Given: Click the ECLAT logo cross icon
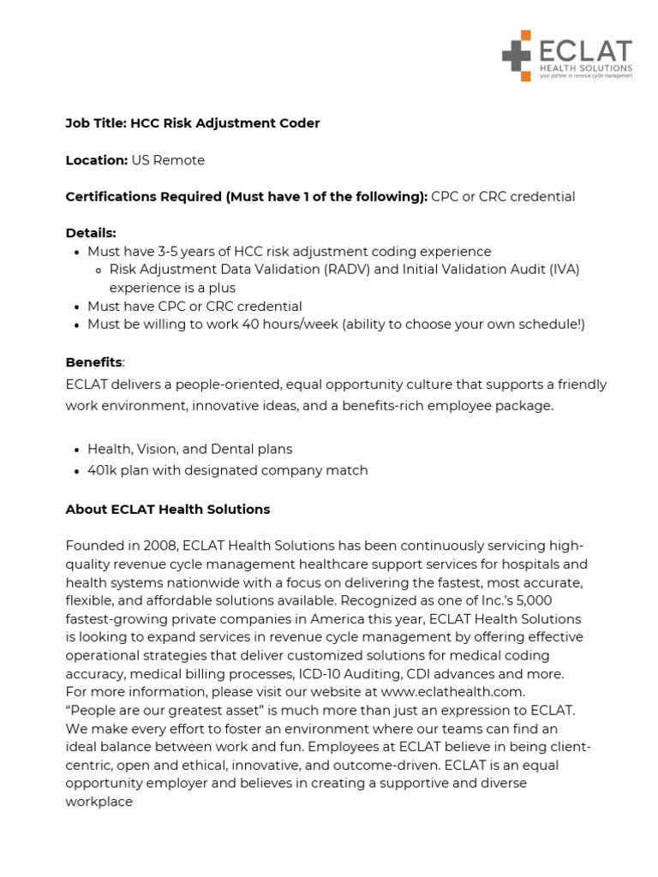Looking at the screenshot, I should tap(517, 56).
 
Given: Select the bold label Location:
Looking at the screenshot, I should tap(96, 160).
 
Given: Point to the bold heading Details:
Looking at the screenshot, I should tap(91, 233).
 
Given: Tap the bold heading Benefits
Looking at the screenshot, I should tap(94, 362).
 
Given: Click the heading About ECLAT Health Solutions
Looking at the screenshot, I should tap(168, 510).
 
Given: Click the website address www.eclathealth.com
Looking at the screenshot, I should tap(452, 691).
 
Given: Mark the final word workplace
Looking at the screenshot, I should tap(99, 802).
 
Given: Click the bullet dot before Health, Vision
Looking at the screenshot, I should tap(76, 450).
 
